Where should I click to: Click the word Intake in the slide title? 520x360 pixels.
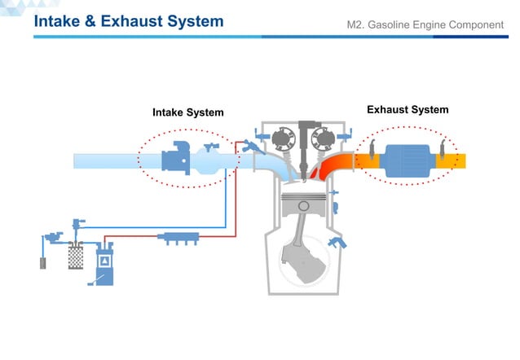pyautogui.click(x=59, y=22)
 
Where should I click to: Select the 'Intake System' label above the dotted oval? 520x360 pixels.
pyautogui.click(x=187, y=112)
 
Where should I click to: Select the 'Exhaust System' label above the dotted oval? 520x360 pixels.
pyautogui.click(x=408, y=109)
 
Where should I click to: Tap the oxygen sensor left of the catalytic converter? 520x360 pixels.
pyautogui.click(x=370, y=151)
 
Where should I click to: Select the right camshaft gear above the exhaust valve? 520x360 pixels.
pyautogui.click(x=326, y=138)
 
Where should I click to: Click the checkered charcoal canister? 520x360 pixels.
pyautogui.click(x=76, y=256)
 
